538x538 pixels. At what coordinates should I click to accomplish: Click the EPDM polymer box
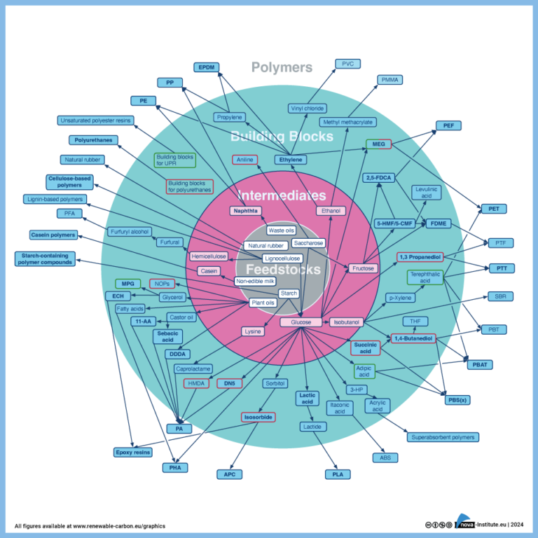click(x=207, y=67)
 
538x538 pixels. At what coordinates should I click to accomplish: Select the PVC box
click(x=347, y=63)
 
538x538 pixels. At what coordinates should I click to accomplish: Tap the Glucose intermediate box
click(x=301, y=322)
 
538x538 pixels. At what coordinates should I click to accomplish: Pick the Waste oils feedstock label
click(x=281, y=230)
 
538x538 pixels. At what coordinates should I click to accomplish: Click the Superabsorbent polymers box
click(x=443, y=437)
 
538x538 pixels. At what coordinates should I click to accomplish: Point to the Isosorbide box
click(x=258, y=417)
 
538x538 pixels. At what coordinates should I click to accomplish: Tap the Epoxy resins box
click(x=132, y=453)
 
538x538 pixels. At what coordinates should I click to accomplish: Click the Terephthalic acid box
click(x=425, y=277)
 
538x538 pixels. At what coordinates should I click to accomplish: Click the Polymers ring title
click(x=282, y=67)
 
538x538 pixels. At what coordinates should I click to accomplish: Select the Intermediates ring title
click(x=282, y=195)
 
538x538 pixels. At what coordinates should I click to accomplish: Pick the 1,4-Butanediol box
click(x=413, y=339)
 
